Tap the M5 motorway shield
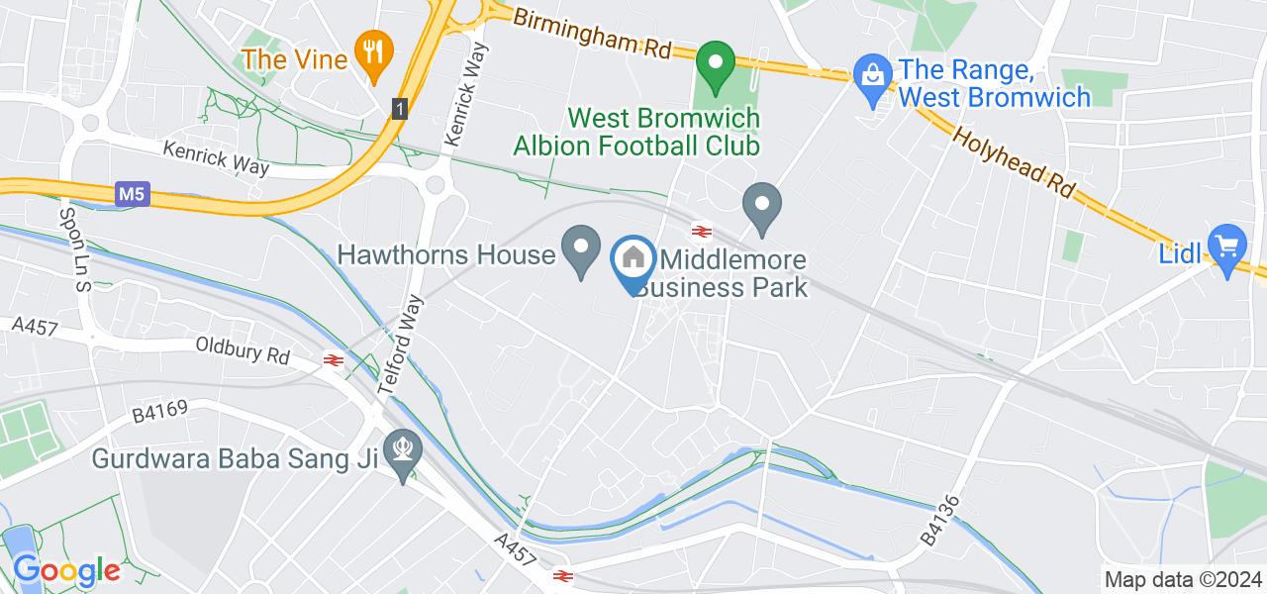tap(134, 195)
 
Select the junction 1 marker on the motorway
tap(399, 108)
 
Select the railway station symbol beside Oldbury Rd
tap(333, 361)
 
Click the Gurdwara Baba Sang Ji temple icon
tap(403, 449)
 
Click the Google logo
tap(66, 570)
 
